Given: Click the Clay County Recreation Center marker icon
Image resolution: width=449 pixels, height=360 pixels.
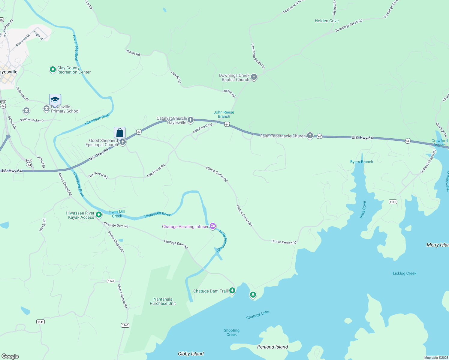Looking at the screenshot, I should [53, 70].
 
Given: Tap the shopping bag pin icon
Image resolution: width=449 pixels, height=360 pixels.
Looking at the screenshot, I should [119, 133].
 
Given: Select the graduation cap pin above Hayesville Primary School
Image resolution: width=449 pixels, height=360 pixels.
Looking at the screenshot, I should [55, 100].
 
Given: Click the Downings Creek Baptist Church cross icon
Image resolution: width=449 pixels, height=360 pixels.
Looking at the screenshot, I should [254, 77].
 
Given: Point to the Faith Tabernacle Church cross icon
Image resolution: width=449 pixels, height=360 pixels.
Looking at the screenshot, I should [310, 136].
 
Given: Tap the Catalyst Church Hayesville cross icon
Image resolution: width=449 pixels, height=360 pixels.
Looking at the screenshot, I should [191, 120].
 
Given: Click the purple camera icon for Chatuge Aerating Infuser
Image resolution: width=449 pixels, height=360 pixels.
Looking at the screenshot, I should [213, 226].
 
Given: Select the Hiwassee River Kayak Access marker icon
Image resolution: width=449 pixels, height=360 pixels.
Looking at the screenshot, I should [99, 215].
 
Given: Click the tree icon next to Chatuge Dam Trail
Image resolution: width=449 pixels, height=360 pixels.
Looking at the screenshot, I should [232, 290].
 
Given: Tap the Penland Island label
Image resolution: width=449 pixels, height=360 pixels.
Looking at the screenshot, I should [273, 347].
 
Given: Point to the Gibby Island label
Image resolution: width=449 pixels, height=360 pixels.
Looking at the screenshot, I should [191, 354].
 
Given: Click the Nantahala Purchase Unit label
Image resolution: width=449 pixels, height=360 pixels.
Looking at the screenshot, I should [163, 301].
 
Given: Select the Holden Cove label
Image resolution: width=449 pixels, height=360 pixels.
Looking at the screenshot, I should [327, 21].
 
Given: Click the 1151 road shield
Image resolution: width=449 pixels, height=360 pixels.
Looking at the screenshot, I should [393, 202].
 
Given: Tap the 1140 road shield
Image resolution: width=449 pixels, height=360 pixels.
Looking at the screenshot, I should [125, 325].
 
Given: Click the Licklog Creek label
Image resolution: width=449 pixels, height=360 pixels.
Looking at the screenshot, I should [404, 273].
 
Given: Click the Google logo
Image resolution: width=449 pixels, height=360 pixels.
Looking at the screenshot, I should [10, 356].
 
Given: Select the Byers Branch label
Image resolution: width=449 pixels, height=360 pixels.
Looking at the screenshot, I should [361, 162].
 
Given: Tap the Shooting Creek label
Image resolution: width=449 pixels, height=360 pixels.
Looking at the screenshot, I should [231, 332].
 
